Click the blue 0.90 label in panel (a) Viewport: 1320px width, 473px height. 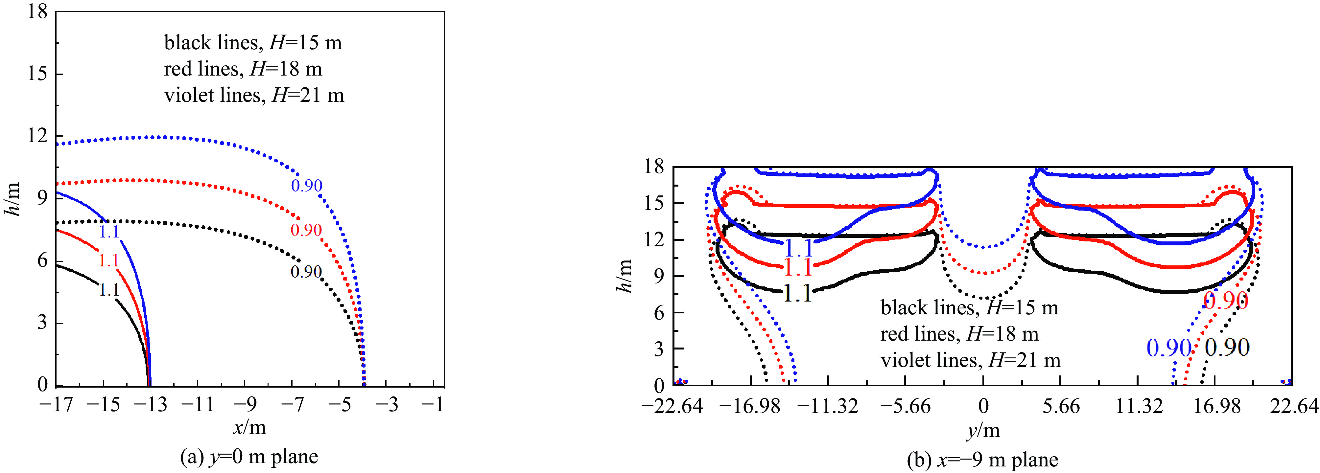point(306,185)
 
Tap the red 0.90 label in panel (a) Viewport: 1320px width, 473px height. point(306,230)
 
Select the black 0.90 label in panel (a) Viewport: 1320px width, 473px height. point(306,272)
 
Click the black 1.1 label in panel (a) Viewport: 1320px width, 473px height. point(109,290)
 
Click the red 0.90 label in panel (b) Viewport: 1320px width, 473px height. point(1225,301)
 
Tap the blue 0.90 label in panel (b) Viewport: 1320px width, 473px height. point(1169,349)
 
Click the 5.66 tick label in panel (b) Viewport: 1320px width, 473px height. point(1061,407)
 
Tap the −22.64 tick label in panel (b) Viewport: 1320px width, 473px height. point(672,407)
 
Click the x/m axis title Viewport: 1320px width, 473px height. point(249,427)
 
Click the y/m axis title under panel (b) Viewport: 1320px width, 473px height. point(983,431)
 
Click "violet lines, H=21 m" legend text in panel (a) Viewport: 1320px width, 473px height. point(254,96)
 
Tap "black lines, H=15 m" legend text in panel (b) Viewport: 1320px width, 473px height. point(969,308)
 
